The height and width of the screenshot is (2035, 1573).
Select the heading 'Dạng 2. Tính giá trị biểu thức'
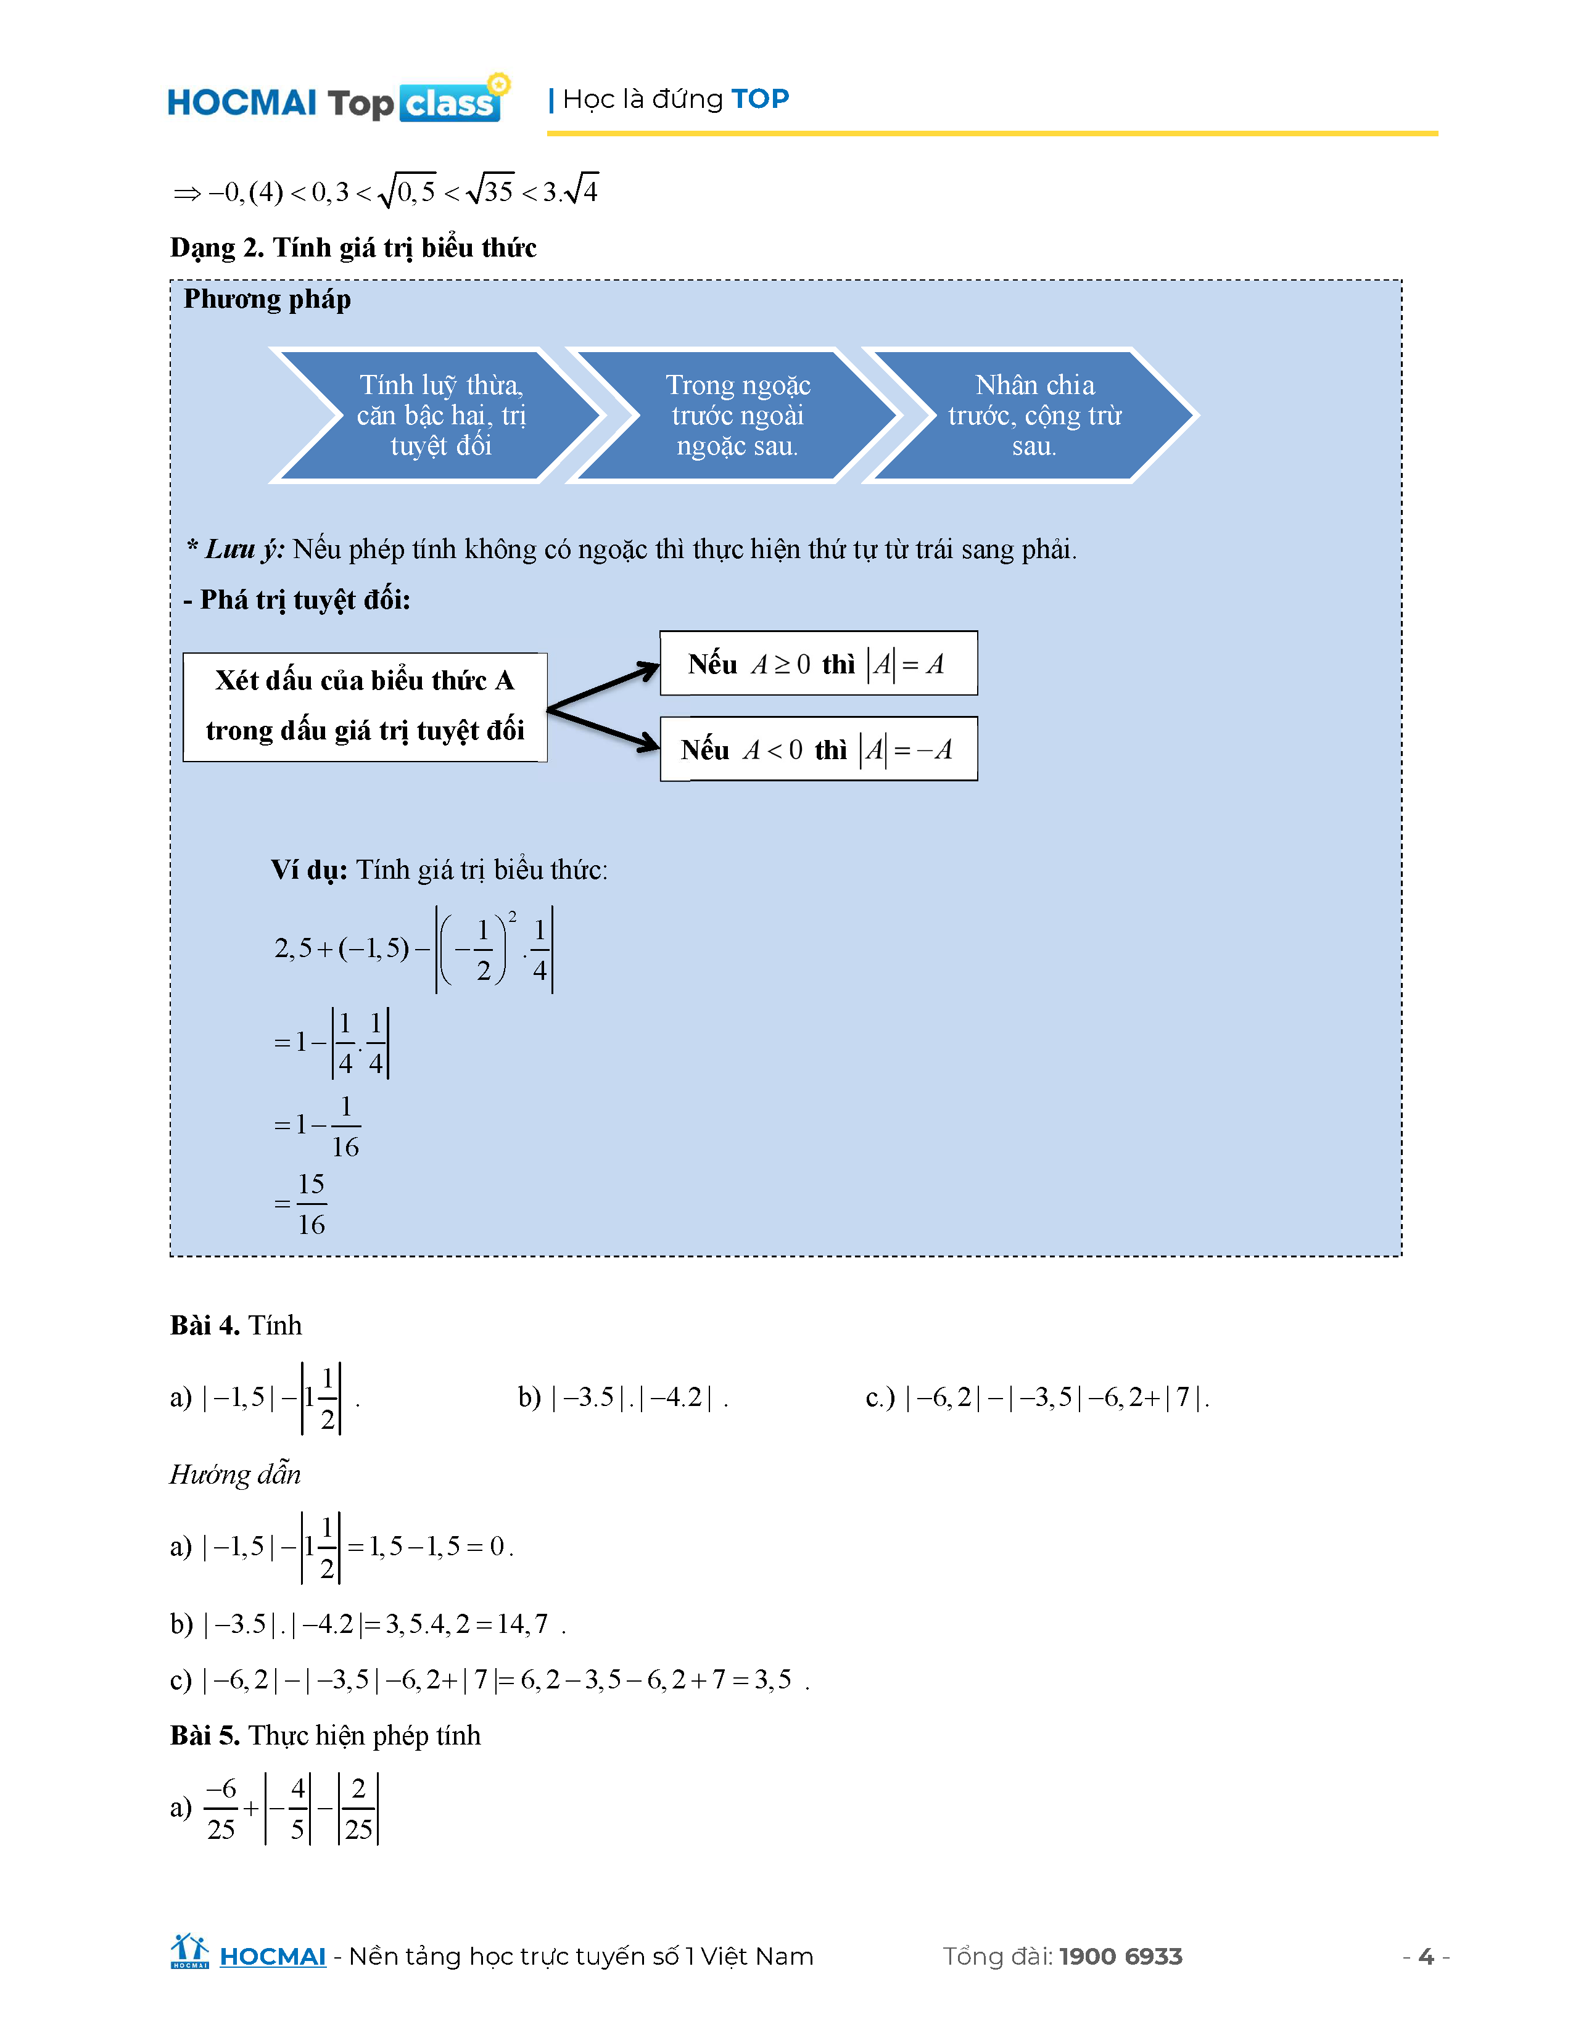(x=353, y=248)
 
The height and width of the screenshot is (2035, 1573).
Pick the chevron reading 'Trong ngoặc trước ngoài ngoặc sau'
(x=737, y=416)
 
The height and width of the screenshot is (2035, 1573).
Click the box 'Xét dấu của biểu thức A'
(x=365, y=706)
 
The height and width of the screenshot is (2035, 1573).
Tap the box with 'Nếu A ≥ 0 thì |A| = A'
(x=817, y=664)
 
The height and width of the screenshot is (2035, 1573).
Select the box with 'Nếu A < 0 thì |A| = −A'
(x=817, y=749)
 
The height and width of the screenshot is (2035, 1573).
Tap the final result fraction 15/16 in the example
(x=312, y=1204)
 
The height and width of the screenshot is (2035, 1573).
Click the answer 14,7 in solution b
(x=522, y=1624)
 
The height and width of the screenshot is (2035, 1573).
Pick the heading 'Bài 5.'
(x=204, y=1735)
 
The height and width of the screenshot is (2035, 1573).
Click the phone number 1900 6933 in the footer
(x=1120, y=1957)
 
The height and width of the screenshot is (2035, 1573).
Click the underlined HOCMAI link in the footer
(x=272, y=1957)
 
